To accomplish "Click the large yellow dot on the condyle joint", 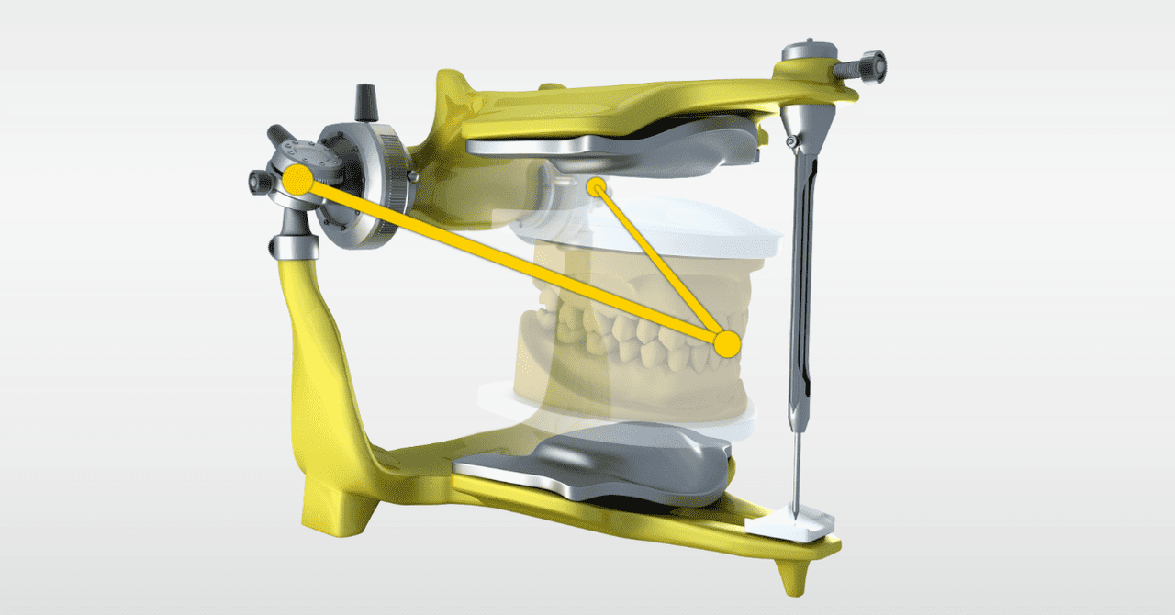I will coord(297,179).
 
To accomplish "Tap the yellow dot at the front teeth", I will coord(726,344).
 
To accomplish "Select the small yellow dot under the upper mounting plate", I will coord(596,188).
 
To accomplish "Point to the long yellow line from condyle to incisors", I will coord(505,260).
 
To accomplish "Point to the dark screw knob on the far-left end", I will coord(258,182).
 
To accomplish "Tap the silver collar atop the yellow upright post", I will coord(291,245).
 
